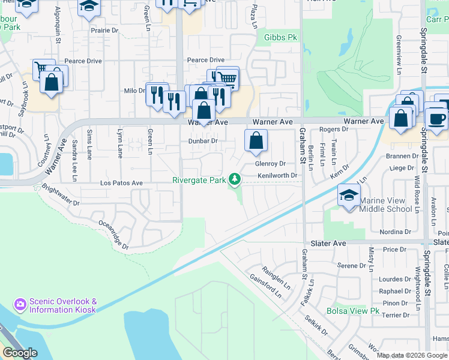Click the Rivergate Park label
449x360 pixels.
(x=200, y=179)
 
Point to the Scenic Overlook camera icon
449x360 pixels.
(x=20, y=305)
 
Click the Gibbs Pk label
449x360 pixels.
(x=281, y=37)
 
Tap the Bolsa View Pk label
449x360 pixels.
(x=353, y=311)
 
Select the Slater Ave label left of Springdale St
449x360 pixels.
(x=328, y=244)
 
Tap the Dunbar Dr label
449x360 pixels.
(x=202, y=141)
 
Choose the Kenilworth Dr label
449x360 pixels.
(x=278, y=175)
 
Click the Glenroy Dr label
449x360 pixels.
(x=269, y=163)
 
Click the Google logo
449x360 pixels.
(x=20, y=353)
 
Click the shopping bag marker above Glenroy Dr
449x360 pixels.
(x=256, y=142)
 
